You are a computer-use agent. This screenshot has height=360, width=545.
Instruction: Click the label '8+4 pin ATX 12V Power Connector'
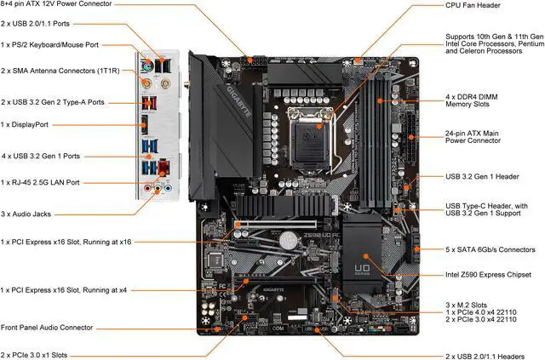coord(65,5)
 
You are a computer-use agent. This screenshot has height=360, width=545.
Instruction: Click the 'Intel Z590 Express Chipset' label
coord(488,274)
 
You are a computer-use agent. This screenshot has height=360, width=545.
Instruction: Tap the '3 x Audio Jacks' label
coord(32,212)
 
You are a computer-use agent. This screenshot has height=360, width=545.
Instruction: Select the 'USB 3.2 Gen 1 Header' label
coord(482,176)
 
